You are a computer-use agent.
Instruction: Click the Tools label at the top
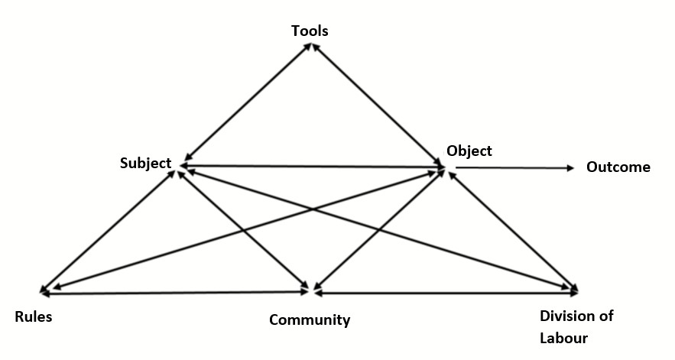click(x=310, y=31)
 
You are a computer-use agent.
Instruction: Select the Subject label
click(x=145, y=164)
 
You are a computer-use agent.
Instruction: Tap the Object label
click(x=469, y=151)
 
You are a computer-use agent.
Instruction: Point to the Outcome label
click(x=618, y=167)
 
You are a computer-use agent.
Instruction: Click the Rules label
click(x=34, y=316)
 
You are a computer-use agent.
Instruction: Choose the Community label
click(x=309, y=319)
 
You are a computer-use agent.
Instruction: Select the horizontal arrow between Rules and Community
click(x=176, y=293)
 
